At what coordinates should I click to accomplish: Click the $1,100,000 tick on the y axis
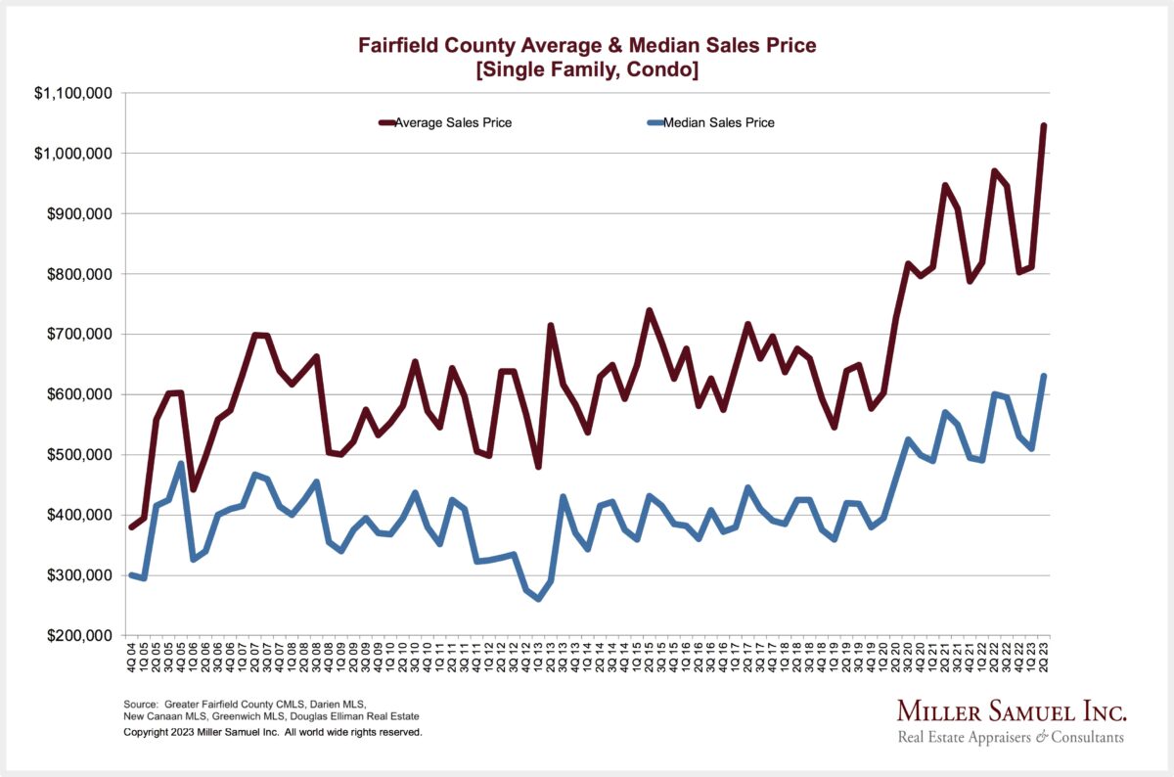coord(73,93)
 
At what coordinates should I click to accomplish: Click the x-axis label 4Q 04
coord(132,660)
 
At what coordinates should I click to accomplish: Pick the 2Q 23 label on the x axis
coord(1044,660)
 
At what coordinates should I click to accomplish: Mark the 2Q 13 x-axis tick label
coord(551,660)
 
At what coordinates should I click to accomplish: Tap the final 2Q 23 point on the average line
coord(1044,125)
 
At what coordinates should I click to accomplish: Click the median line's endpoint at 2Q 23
coord(1044,376)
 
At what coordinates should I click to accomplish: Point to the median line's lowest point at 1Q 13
coord(538,598)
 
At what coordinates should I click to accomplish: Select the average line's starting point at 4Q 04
coord(132,527)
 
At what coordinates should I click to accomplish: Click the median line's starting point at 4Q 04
coord(132,574)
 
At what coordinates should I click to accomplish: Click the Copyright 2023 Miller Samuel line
coord(273,732)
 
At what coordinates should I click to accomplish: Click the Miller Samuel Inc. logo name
coord(1011,710)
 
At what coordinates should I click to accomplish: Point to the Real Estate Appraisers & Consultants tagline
coord(1011,737)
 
